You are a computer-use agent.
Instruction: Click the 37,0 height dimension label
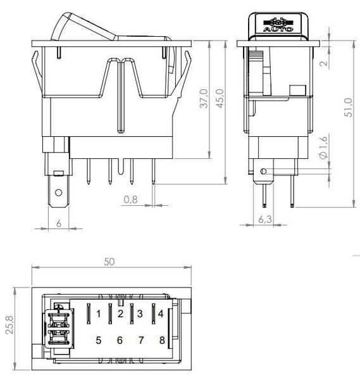tap(204, 98)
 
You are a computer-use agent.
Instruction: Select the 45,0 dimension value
tap(220, 98)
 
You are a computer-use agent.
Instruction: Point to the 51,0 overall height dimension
tap(349, 108)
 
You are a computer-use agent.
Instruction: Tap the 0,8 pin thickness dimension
tap(130, 199)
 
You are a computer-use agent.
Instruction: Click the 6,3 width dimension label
tap(265, 219)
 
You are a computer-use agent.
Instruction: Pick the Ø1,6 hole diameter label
tap(324, 147)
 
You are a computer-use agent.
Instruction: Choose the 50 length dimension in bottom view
tap(109, 262)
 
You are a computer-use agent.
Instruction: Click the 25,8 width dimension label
tap(9, 325)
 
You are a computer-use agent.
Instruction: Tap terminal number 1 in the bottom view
tap(98, 314)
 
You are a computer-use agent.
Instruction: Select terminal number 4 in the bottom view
tap(161, 314)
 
